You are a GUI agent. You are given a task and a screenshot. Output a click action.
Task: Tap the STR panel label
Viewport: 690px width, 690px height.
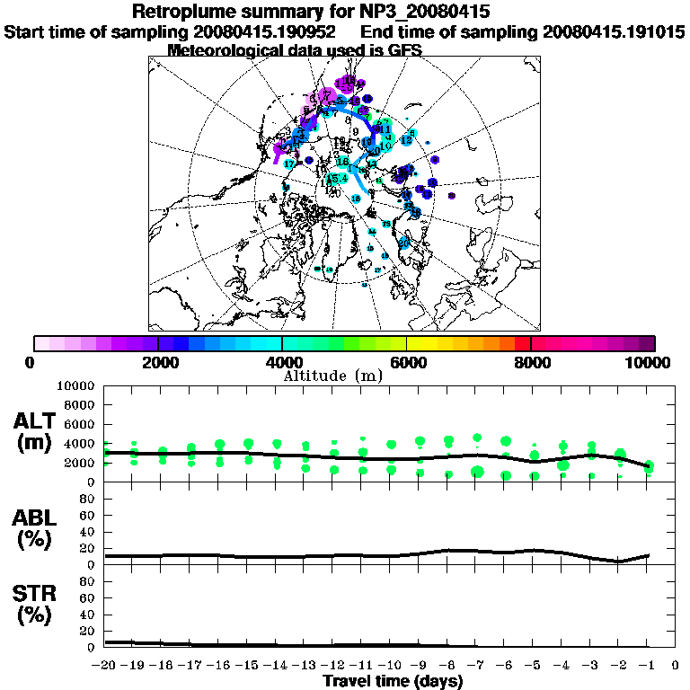tap(37, 604)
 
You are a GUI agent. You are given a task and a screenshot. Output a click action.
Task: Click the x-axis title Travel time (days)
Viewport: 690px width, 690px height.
tap(393, 681)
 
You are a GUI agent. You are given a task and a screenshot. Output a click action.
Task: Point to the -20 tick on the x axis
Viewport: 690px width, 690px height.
tap(104, 666)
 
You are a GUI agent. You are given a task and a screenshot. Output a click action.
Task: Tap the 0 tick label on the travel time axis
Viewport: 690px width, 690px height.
tap(675, 666)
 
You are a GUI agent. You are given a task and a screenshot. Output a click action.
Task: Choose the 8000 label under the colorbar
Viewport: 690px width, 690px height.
tap(531, 363)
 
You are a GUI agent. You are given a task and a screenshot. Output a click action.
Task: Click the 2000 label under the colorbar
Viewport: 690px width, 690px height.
tap(158, 363)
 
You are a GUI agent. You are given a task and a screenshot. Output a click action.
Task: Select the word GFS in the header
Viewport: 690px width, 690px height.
tap(404, 50)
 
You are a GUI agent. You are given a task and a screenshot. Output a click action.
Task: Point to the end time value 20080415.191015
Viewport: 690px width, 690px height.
tap(615, 31)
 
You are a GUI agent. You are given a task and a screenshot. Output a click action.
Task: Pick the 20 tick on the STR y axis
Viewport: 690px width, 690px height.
tap(87, 631)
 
